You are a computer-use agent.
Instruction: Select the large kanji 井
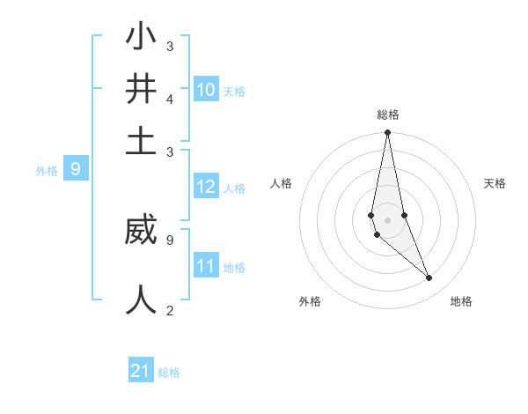[x=141, y=91]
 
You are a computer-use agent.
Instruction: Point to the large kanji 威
[x=141, y=232]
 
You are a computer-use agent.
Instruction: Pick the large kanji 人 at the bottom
[x=141, y=299]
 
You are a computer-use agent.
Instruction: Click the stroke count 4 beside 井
[x=170, y=100]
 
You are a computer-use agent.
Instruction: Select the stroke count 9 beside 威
[x=170, y=239]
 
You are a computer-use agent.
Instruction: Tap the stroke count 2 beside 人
[x=170, y=310]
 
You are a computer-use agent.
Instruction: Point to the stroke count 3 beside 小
[x=170, y=46]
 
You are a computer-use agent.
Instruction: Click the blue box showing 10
[x=206, y=90]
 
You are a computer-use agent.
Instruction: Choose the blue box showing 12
[x=206, y=187]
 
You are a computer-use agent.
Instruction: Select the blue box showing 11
[x=206, y=265]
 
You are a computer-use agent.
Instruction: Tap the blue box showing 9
[x=76, y=169]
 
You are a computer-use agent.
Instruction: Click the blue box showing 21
[x=141, y=371]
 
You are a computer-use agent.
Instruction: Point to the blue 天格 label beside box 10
[x=234, y=92]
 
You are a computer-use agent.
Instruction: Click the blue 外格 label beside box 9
[x=47, y=171]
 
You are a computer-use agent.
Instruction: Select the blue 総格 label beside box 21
[x=169, y=373]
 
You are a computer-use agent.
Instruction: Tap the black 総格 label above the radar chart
[x=388, y=115]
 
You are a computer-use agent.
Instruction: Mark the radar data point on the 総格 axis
[x=387, y=133]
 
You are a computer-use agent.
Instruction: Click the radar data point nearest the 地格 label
[x=429, y=278]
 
